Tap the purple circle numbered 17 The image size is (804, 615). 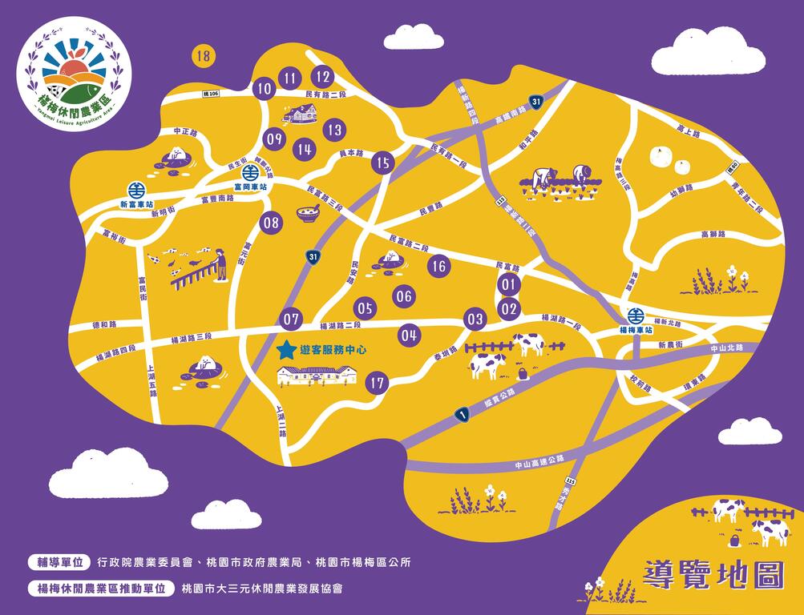(378, 384)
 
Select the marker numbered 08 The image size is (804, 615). (272, 223)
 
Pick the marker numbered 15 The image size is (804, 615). (383, 163)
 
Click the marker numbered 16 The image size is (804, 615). (438, 267)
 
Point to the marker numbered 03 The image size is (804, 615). (475, 320)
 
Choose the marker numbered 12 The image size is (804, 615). (322, 77)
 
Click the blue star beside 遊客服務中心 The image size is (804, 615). (285, 350)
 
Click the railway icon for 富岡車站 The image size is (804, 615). (249, 171)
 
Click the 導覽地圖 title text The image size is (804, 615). (713, 574)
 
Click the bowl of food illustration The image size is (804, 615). (308, 213)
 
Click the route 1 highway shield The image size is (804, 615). (461, 414)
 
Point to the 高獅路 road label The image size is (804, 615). (713, 235)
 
